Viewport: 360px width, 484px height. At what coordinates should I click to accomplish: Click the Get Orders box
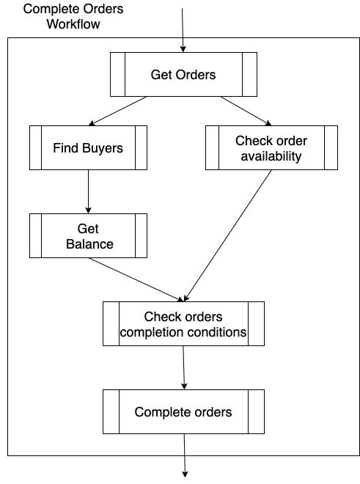point(183,74)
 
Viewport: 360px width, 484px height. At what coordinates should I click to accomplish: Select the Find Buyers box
point(88,147)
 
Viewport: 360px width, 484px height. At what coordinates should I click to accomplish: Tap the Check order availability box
point(271,147)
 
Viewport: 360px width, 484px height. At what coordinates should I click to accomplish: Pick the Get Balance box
point(88,235)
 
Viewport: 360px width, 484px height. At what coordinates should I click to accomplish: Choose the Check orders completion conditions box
point(183,323)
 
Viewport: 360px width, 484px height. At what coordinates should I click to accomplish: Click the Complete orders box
point(183,411)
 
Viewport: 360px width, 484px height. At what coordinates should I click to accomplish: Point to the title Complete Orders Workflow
point(73,16)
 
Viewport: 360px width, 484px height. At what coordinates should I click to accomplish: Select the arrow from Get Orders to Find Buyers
point(117,111)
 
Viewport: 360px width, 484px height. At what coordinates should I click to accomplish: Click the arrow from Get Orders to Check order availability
point(246,111)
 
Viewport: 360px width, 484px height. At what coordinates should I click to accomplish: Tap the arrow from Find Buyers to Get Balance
point(88,191)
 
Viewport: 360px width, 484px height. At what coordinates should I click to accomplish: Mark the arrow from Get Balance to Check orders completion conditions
point(136,279)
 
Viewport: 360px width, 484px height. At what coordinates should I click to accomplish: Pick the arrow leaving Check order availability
point(227,235)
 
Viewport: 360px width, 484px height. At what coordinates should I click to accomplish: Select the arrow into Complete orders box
point(184,367)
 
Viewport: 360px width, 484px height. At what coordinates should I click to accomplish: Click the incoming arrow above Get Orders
point(183,30)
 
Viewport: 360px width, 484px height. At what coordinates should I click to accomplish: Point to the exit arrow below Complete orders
point(185,455)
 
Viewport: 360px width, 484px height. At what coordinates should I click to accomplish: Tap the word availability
point(271,156)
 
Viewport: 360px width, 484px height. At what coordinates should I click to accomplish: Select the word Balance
point(89,244)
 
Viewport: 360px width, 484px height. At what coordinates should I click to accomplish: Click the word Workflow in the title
point(73,24)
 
